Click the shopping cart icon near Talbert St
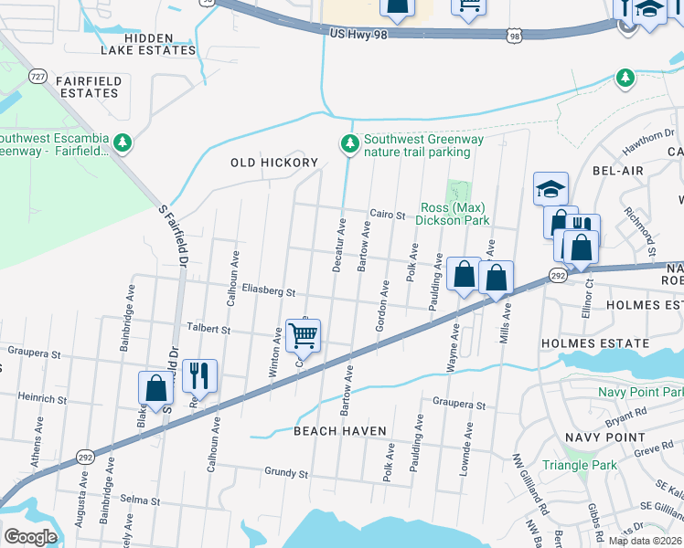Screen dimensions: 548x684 [x=303, y=335]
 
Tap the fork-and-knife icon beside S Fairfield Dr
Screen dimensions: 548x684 [x=199, y=375]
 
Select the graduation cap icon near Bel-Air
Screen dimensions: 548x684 [x=550, y=189]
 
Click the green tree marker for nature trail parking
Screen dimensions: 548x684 [x=348, y=143]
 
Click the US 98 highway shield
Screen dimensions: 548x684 [x=516, y=36]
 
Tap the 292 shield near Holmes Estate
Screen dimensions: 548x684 [x=559, y=274]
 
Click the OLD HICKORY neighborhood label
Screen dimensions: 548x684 [x=273, y=163]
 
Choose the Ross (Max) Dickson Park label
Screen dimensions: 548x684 [x=454, y=214]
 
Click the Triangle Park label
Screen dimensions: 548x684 [x=579, y=465]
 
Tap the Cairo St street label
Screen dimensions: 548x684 [x=387, y=216]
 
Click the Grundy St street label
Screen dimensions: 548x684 [x=285, y=473]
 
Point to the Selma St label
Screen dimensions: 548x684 [x=141, y=501]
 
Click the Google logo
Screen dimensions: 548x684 [x=31, y=536]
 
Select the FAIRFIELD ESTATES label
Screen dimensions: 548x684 [x=87, y=87]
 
